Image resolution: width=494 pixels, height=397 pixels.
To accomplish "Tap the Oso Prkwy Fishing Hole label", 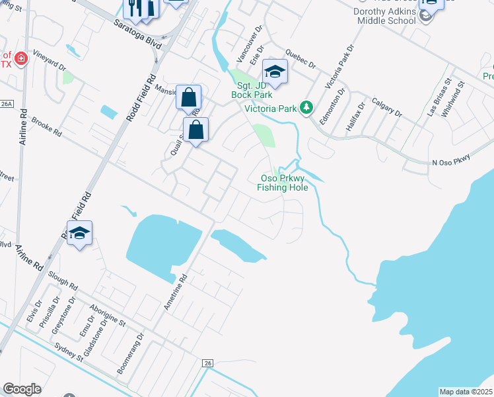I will tap(283, 183).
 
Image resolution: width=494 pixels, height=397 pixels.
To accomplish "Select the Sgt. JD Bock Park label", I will tap(252, 90).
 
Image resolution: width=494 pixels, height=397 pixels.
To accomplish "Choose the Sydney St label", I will tap(69, 351).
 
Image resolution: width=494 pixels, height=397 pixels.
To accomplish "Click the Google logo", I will tap(22, 389).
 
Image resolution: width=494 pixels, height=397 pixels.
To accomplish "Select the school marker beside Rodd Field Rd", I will tap(79, 233).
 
